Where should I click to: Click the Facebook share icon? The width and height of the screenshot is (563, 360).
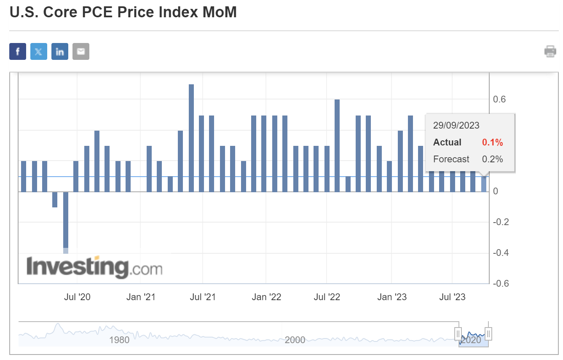click(x=18, y=51)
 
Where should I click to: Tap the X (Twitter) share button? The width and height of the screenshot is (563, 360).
click(x=39, y=51)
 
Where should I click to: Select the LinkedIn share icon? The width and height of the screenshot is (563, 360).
click(x=60, y=51)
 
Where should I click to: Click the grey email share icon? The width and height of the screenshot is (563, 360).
click(x=81, y=51)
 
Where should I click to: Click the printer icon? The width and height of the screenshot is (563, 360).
click(x=550, y=51)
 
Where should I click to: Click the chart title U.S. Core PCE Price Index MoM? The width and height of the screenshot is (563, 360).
click(x=123, y=12)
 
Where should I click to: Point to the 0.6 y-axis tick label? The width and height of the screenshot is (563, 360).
click(x=499, y=99)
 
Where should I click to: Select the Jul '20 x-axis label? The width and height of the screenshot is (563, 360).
click(x=77, y=297)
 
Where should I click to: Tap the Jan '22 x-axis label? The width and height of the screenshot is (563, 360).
click(x=266, y=297)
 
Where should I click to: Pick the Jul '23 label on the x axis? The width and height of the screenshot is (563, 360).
click(x=452, y=297)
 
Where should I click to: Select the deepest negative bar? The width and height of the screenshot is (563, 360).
click(x=66, y=221)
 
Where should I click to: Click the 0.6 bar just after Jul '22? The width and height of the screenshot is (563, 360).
click(x=337, y=145)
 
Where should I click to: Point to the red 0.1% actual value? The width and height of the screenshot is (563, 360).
click(x=492, y=142)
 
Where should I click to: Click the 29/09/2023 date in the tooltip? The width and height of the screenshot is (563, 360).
click(x=456, y=126)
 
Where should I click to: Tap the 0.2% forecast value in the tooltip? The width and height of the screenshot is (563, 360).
click(x=492, y=159)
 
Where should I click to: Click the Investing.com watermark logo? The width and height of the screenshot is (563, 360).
click(x=94, y=267)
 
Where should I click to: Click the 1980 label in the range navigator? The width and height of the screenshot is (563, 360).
click(x=119, y=340)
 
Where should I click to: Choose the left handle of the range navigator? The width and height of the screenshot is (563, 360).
click(x=458, y=334)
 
